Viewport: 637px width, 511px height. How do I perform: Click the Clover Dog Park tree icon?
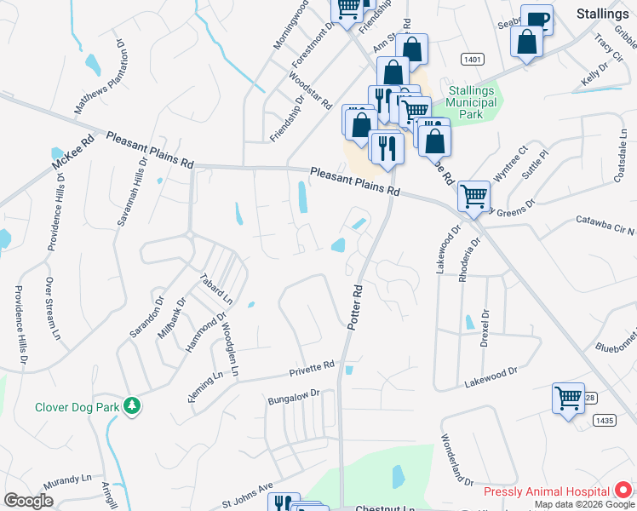[x=131, y=405]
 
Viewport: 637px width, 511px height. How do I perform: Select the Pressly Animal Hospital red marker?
[x=623, y=491]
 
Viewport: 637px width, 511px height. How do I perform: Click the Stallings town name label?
[x=602, y=13]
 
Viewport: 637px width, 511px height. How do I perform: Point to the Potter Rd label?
[x=356, y=307]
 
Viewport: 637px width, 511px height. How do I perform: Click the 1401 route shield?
[x=474, y=59]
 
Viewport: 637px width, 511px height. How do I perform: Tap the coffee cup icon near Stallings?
[x=537, y=19]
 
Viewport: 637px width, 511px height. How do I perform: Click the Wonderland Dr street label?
[x=456, y=460]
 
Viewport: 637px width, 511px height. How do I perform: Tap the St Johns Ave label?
[x=247, y=496]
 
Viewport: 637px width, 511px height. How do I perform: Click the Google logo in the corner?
[x=28, y=501]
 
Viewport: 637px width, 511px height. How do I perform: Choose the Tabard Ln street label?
[x=216, y=289]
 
